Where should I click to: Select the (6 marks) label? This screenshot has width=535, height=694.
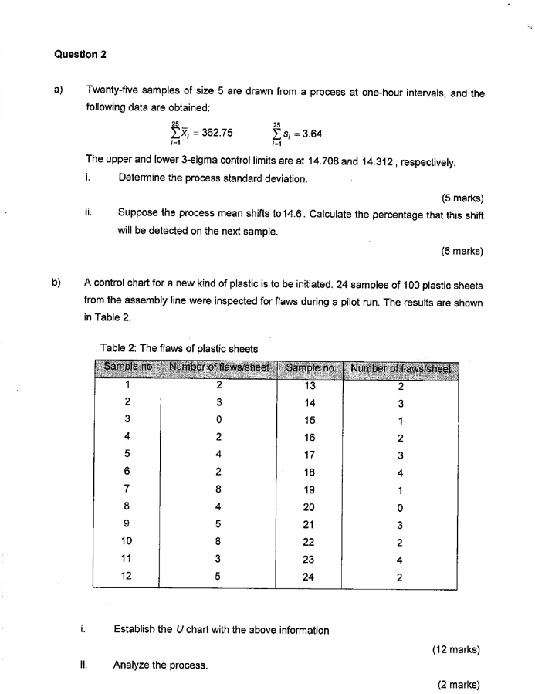[x=462, y=250]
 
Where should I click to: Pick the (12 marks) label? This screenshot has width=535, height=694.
[x=459, y=649]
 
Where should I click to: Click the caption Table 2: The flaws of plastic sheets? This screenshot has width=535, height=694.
[x=178, y=348]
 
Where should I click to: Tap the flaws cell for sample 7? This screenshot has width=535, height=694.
[x=219, y=487]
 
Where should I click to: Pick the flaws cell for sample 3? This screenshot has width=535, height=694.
[x=219, y=419]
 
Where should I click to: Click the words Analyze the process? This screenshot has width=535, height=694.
[x=161, y=664]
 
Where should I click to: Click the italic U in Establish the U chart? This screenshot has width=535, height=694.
[x=178, y=629]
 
